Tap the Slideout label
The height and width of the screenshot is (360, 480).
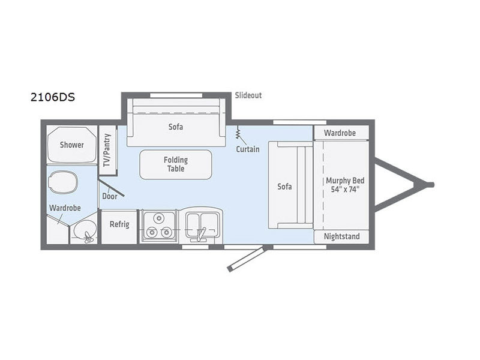[x=248, y=95]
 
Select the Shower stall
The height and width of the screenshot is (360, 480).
[x=72, y=145]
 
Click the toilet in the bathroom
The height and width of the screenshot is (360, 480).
[x=64, y=182]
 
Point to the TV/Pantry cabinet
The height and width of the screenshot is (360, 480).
[x=107, y=149]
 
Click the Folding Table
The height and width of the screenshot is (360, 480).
[x=175, y=164]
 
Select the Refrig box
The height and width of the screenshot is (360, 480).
[x=119, y=225]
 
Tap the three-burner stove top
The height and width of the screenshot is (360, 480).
[x=158, y=226]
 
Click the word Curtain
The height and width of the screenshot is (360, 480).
[x=247, y=149]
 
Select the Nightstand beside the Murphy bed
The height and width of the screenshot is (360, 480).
[x=342, y=236]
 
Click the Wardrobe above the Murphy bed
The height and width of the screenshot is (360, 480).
[x=340, y=133]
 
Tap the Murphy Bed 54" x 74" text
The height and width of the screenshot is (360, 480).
[x=344, y=185]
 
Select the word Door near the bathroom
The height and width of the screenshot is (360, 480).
[x=109, y=196]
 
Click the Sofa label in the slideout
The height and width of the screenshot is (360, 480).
[x=175, y=127]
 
